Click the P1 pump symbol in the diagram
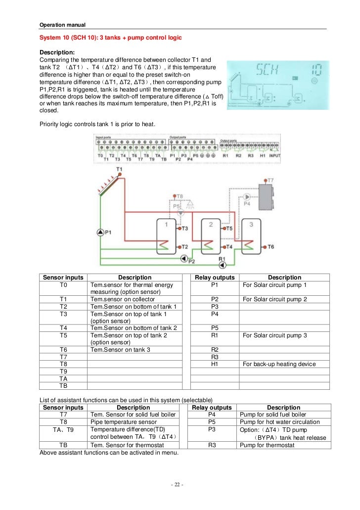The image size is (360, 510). pyautogui.click(x=100, y=232)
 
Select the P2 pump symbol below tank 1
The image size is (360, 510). pyautogui.click(x=184, y=257)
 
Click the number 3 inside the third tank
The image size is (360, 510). pyautogui.click(x=251, y=225)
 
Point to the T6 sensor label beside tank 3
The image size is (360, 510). pyautogui.click(x=270, y=246)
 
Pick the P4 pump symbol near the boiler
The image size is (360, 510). pyautogui.click(x=248, y=196)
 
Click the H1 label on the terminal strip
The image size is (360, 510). pyautogui.click(x=262, y=155)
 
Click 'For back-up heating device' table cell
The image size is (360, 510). pyautogui.click(x=279, y=364)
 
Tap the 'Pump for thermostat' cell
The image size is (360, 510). pyautogui.click(x=267, y=445)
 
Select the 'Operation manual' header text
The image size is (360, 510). pyautogui.click(x=62, y=25)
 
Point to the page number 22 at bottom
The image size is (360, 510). pyautogui.click(x=177, y=484)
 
